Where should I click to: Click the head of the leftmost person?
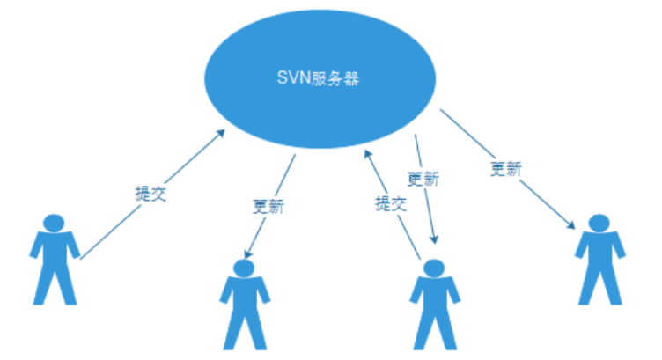[x=55, y=222]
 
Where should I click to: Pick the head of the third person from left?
[x=433, y=268]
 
